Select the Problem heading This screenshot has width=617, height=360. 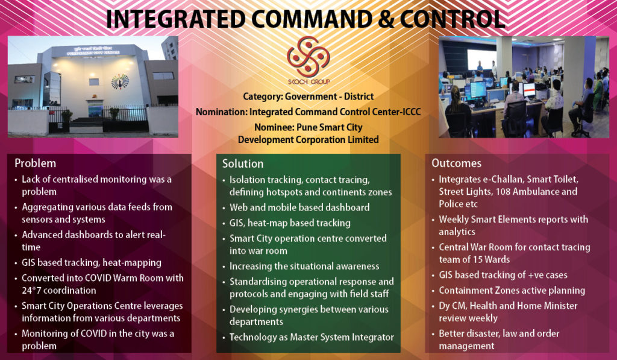pyautogui.click(x=35, y=163)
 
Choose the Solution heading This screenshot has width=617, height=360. pyautogui.click(x=243, y=163)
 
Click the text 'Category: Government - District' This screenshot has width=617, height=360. pyautogui.click(x=308, y=96)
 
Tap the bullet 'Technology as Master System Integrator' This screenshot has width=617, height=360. pyautogui.click(x=312, y=337)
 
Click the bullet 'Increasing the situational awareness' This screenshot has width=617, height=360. pyautogui.click(x=304, y=266)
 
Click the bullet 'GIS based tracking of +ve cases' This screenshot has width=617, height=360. pyautogui.click(x=503, y=275)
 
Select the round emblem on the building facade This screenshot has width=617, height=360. pyautogui.click(x=120, y=80)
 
